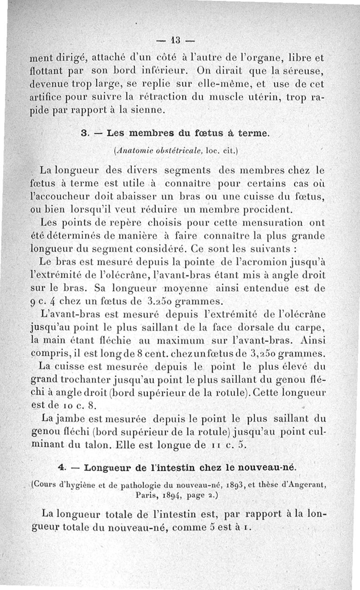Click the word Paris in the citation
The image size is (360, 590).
(x=146, y=494)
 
